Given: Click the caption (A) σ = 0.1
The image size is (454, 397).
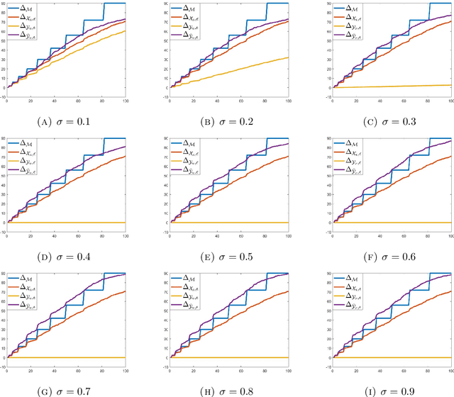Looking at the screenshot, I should pos(65,120).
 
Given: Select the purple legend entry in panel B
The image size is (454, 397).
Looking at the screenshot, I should pos(186,33).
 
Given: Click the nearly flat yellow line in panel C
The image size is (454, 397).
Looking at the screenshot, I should pos(397,86).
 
